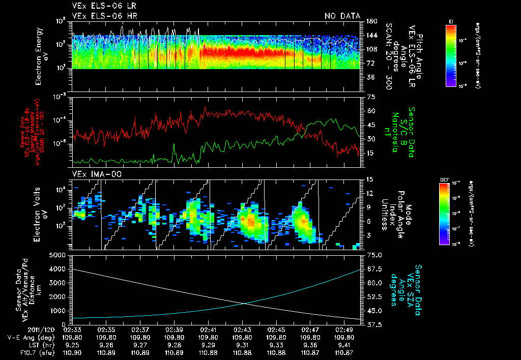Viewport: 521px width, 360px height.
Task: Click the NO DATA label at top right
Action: coord(342,16)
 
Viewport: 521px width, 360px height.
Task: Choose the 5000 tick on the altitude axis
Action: coord(60,255)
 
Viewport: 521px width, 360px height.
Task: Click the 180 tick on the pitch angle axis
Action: coord(371,21)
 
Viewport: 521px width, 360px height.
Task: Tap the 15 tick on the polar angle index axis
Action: coord(369,179)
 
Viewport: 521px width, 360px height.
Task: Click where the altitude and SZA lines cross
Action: coord(246,304)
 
